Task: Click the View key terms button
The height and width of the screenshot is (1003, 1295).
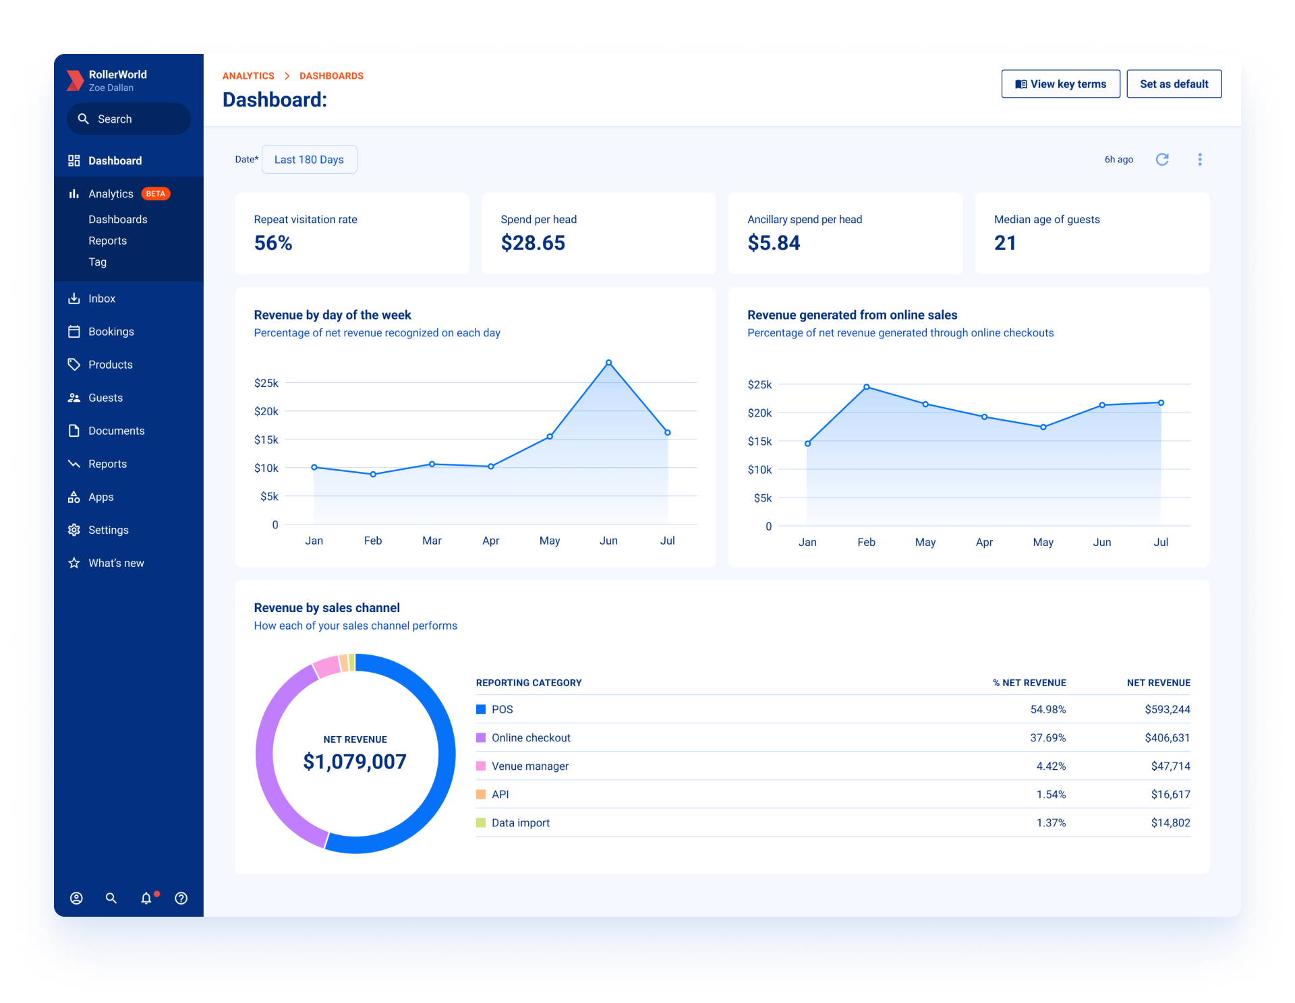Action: tap(1060, 84)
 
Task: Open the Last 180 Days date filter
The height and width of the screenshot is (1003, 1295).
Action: tap(309, 160)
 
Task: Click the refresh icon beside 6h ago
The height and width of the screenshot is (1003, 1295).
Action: tap(1162, 160)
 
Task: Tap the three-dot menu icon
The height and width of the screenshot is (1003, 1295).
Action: tap(1199, 160)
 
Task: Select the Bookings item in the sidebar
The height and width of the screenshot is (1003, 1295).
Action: tap(111, 332)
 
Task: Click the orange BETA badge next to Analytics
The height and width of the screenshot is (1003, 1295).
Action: tap(156, 194)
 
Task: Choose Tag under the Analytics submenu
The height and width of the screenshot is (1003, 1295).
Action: tap(98, 262)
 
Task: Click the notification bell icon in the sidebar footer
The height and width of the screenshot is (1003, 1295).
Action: tap(146, 898)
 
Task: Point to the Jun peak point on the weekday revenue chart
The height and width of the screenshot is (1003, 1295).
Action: tap(608, 363)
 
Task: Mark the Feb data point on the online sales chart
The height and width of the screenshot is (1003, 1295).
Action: tap(867, 387)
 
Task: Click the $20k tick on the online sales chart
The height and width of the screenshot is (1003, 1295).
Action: tap(759, 413)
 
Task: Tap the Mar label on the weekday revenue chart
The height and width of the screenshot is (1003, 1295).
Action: tap(432, 541)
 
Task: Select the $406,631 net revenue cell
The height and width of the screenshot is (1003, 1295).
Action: tap(1167, 738)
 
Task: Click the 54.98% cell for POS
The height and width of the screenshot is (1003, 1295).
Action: tap(1047, 710)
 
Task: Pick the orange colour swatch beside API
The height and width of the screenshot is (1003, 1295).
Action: tap(481, 795)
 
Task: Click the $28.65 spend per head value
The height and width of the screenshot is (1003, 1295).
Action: tap(533, 243)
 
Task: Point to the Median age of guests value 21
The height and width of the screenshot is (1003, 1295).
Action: tap(1005, 243)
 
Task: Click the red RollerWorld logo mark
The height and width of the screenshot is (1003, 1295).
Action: tap(75, 80)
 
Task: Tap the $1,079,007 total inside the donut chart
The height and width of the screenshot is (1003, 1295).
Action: tap(355, 762)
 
